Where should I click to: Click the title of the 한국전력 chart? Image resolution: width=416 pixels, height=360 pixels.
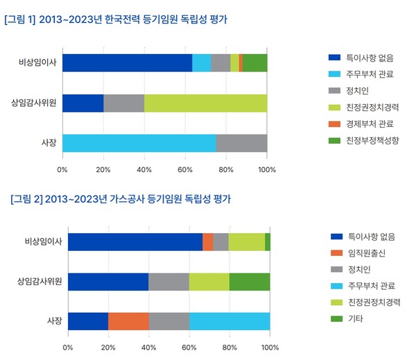[116, 19]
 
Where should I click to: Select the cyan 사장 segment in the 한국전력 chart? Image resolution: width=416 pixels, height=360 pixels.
[139, 143]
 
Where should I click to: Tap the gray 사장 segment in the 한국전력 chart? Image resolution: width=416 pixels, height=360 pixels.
[241, 143]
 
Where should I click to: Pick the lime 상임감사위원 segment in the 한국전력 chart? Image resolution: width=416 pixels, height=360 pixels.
[205, 103]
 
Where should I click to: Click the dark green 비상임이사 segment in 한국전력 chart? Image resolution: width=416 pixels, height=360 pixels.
[254, 62]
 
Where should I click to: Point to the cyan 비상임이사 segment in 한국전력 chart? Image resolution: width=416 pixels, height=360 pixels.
[201, 62]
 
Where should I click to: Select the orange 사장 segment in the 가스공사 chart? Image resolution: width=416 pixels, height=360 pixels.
[128, 321]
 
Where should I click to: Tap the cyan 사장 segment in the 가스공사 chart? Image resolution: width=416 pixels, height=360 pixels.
[229, 321]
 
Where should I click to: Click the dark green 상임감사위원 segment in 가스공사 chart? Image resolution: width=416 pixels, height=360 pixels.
[250, 282]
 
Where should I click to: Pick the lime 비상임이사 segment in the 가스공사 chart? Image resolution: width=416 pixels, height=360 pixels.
[246, 241]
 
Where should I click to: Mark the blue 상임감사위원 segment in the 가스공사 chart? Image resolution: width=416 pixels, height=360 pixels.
[108, 282]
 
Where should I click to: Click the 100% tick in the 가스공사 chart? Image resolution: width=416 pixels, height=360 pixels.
[270, 347]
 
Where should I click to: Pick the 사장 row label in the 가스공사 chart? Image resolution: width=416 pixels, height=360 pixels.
[53, 321]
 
